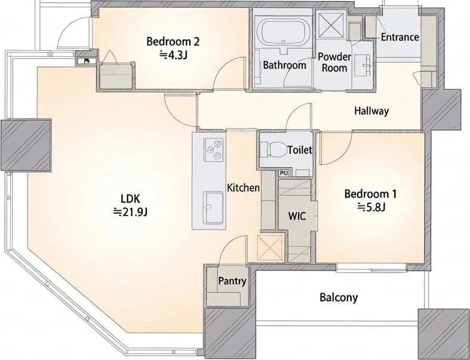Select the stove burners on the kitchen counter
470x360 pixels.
pyautogui.click(x=214, y=149)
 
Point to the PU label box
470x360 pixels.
pyautogui.click(x=283, y=173)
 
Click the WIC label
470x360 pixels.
pyautogui.click(x=297, y=216)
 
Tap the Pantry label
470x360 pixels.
pyautogui.click(x=232, y=281)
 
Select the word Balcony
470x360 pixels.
pyautogui.click(x=339, y=297)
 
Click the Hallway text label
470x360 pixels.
pyautogui.click(x=371, y=111)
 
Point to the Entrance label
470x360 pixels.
pyautogui.click(x=400, y=37)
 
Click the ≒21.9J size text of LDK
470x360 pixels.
pyautogui.click(x=130, y=211)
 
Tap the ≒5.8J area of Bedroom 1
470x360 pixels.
pyautogui.click(x=371, y=207)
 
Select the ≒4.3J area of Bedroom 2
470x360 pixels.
pyautogui.click(x=173, y=54)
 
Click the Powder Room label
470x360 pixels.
pyautogui.click(x=334, y=62)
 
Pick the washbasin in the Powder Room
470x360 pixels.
pyautogui.click(x=363, y=65)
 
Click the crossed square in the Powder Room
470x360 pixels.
pyautogui.click(x=331, y=24)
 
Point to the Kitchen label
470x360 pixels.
pyautogui.click(x=243, y=188)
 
